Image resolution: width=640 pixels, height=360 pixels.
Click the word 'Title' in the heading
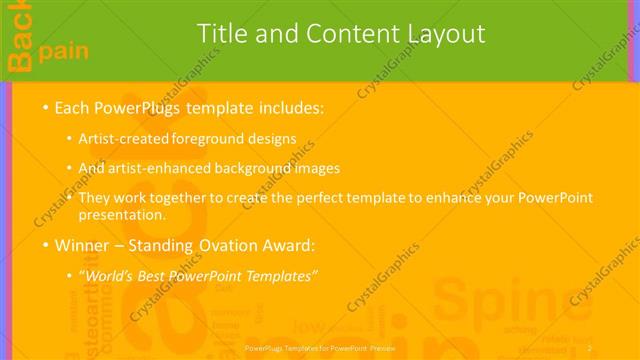[221, 34]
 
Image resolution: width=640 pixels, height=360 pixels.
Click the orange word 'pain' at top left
[61, 49]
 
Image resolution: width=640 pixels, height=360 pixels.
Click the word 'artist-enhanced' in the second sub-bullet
[156, 168]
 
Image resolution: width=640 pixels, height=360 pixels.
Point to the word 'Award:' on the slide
[287, 245]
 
